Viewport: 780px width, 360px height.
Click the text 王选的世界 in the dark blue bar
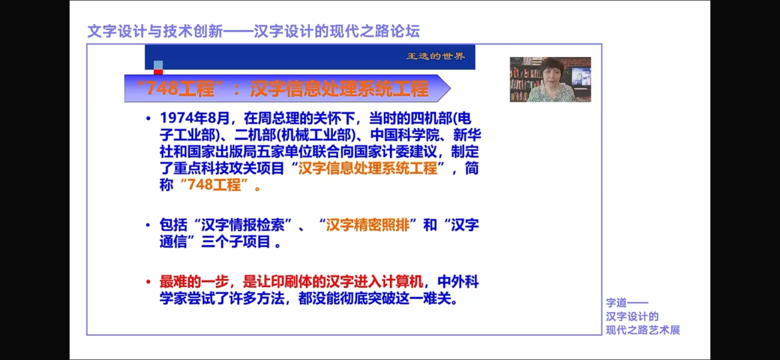(435, 56)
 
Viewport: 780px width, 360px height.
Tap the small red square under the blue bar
(158, 72)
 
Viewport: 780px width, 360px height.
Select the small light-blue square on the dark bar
(158, 65)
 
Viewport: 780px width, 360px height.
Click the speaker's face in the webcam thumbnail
(552, 74)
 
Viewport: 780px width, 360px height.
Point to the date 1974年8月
(194, 118)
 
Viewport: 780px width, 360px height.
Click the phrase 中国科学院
(405, 135)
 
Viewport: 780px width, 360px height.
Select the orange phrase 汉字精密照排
(368, 225)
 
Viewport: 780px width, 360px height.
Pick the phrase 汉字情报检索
(243, 225)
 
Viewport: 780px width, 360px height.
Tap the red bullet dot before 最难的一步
(148, 281)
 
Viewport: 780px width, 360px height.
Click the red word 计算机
(402, 281)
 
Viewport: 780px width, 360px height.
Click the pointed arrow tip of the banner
(451, 88)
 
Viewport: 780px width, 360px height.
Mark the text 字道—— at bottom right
(627, 303)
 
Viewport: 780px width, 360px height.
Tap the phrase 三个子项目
(235, 242)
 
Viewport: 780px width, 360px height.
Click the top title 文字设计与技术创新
(155, 31)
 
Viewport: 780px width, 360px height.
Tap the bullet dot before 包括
(148, 225)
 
